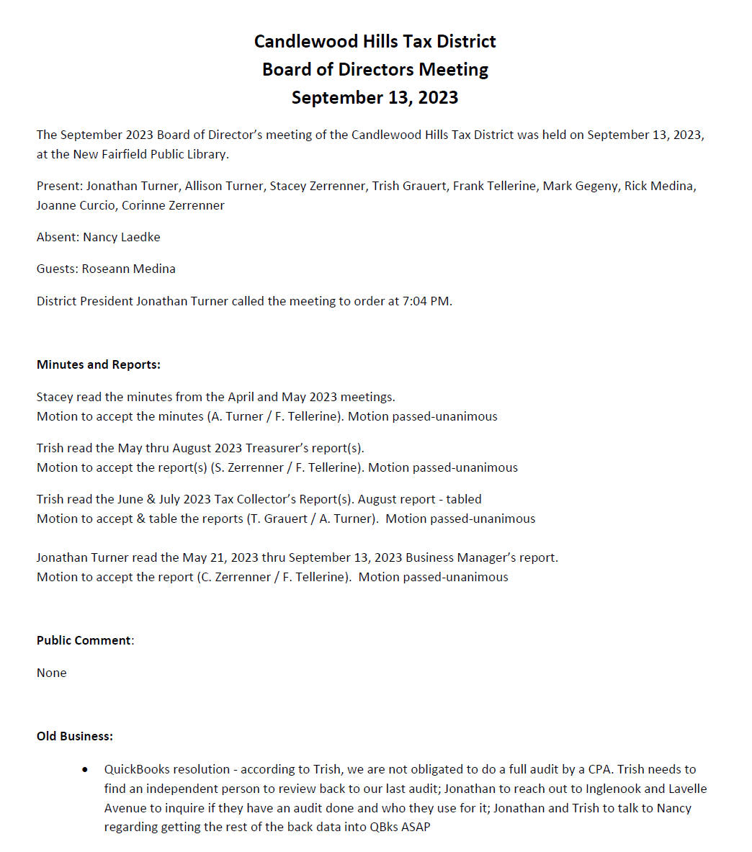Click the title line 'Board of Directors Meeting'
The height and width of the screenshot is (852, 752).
pos(375,69)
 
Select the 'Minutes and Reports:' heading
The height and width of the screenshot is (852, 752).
pos(99,364)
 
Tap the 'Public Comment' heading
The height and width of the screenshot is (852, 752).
pos(84,640)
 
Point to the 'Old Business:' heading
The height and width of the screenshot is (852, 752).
pos(75,736)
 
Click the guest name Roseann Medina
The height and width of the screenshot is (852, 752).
pos(129,269)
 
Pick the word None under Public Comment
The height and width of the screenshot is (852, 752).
pos(52,673)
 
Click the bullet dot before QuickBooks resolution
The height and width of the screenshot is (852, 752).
pos(86,770)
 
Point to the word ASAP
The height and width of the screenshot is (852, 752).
pos(414,827)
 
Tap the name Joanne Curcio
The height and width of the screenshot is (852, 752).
pos(76,205)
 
